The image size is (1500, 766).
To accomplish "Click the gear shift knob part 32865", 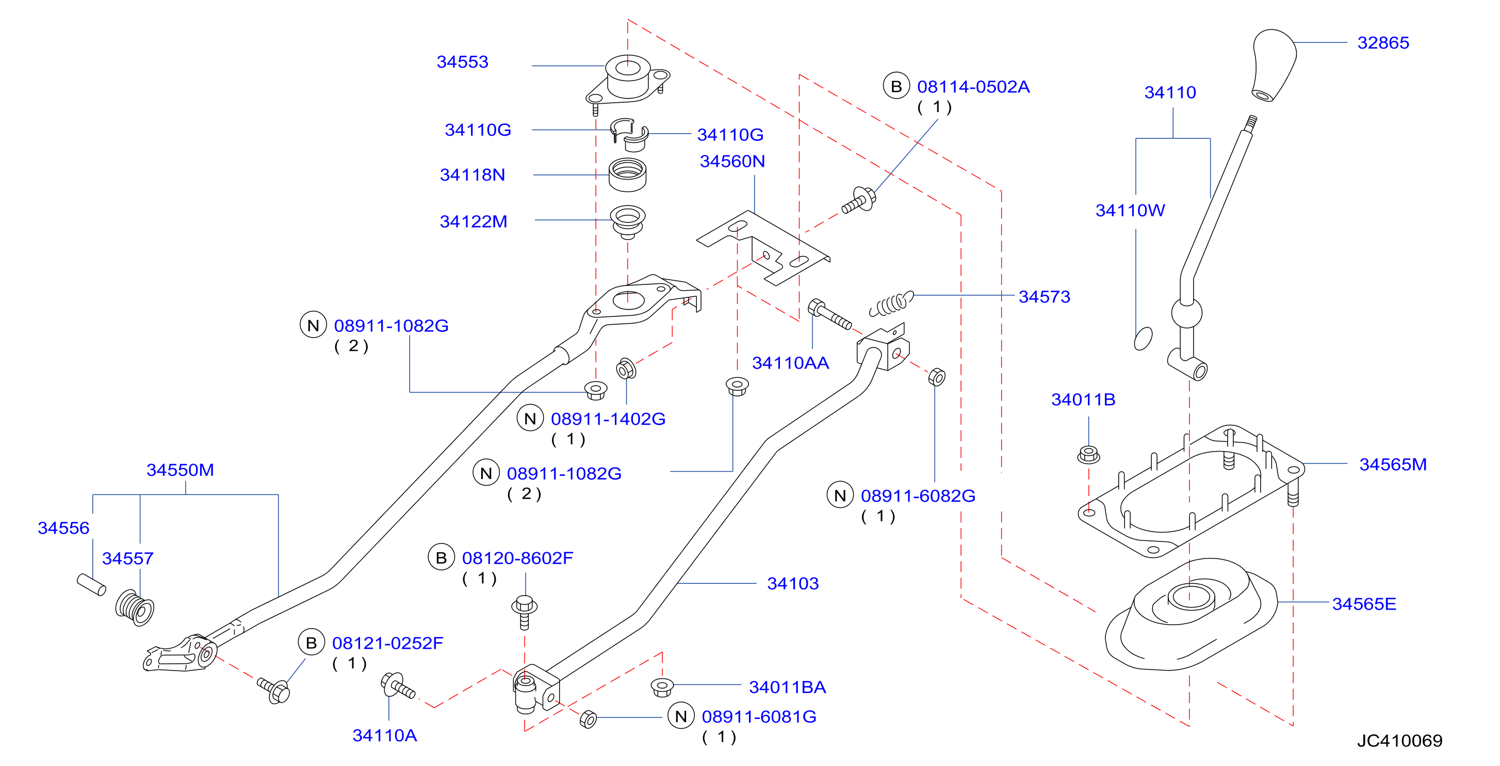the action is click(x=1274, y=65).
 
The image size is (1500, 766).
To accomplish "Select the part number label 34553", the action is click(x=462, y=62).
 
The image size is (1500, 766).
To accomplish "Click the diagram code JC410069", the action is click(x=1400, y=740).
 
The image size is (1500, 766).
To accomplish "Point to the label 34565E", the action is click(x=1364, y=603).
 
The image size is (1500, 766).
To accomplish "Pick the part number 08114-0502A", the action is click(x=973, y=87).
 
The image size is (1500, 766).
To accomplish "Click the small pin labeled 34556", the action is click(x=91, y=585).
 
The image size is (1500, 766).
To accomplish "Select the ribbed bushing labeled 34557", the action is click(x=135, y=608).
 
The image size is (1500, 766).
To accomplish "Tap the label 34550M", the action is click(x=181, y=470).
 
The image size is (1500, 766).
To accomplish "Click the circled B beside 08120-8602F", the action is click(x=442, y=557).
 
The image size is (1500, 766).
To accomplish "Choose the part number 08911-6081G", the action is click(x=759, y=716).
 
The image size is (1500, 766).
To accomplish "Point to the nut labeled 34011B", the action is click(x=1088, y=454).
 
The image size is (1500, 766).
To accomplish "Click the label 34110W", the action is click(x=1130, y=210).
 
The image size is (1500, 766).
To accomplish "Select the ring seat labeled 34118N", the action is click(x=627, y=175).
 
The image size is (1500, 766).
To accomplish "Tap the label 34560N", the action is click(x=732, y=162).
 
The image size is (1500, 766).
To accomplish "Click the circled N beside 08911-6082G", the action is click(x=840, y=495).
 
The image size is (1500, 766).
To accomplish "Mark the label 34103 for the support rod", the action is click(x=793, y=583).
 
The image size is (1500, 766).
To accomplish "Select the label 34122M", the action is click(x=474, y=221).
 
